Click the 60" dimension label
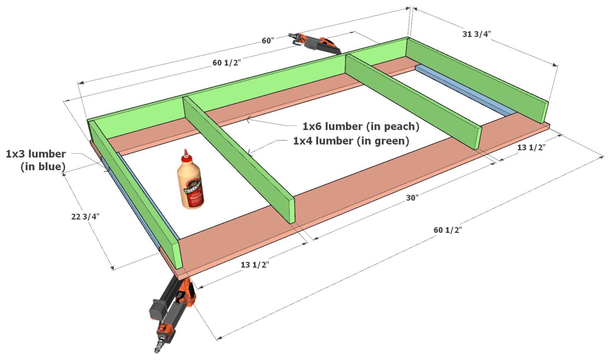click(268, 41)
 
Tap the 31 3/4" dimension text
click(477, 34)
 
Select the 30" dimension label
click(412, 198)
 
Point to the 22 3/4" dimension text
click(85, 216)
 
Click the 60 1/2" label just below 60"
click(226, 63)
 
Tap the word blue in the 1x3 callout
click(52, 167)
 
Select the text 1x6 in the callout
click(312, 126)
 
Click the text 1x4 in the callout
click(303, 141)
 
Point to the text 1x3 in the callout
click(16, 154)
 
